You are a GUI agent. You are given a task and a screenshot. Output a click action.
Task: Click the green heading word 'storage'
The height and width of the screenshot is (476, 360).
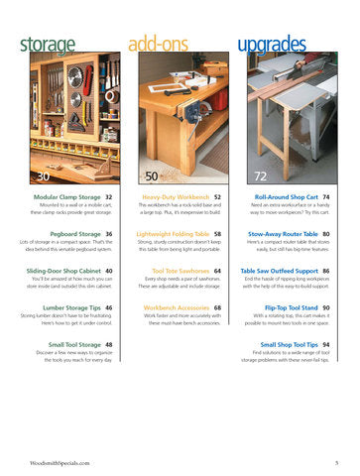tap(48, 45)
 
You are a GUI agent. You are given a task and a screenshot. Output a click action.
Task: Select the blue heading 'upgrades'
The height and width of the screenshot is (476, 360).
tap(270, 45)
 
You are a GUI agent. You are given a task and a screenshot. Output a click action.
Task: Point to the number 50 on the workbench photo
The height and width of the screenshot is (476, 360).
tap(151, 176)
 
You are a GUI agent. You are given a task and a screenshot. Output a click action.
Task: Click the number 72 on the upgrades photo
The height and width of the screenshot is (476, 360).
tap(260, 176)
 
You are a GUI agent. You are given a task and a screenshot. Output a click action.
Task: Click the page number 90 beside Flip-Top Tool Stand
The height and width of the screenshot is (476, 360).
tap(325, 307)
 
